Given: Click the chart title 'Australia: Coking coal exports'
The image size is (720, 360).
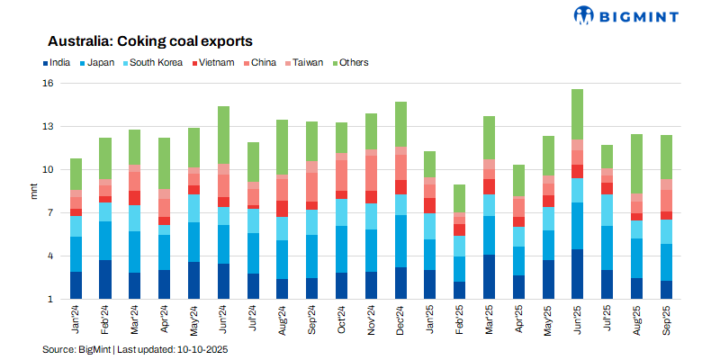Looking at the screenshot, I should pos(149,41).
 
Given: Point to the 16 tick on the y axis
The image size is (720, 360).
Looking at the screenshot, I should pos(49,83).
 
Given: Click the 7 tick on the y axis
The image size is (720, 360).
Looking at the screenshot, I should pos(51,212).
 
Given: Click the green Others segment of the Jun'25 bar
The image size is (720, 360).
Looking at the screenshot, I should pos(577,114).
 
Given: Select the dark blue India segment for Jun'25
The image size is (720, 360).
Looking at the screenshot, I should pos(577,274).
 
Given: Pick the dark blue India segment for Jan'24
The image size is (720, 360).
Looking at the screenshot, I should pos(76,284).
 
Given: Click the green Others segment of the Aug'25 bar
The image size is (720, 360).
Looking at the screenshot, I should pos(636,164).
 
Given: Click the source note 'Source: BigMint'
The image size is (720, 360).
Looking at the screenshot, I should pos(76,348).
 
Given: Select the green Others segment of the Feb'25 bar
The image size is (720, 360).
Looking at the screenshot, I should pos(460,198).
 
